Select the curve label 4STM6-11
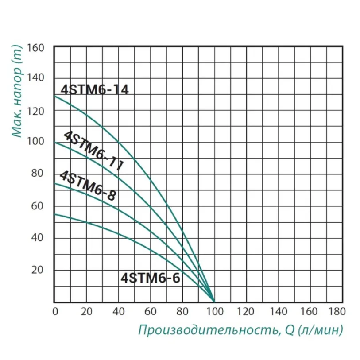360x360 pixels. coord(93,151)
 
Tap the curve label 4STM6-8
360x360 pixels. coord(88,186)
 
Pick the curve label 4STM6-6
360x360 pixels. coord(151,279)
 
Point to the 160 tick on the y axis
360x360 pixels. coord(36,46)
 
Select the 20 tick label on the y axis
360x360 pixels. coord(40,270)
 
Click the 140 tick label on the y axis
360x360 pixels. coord(36,78)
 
